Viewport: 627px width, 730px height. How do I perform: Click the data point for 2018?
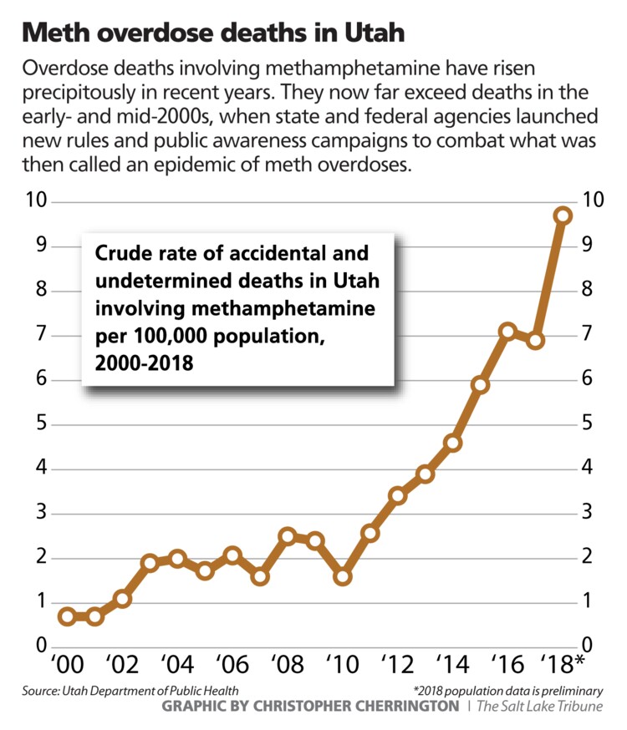point(563,215)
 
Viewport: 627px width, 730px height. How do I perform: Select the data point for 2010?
point(342,576)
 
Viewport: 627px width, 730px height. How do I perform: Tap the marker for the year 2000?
point(67,616)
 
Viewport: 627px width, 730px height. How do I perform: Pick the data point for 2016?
point(507,332)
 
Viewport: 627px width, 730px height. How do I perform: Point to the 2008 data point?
point(287,536)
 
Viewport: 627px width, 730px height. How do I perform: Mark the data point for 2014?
point(452,443)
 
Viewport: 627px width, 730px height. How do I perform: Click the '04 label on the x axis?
point(173,665)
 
